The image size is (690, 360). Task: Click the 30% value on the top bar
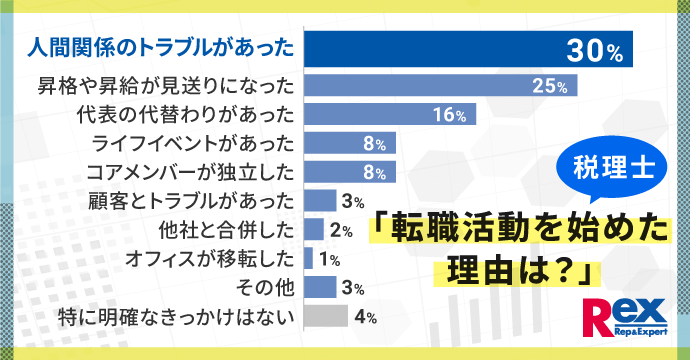click(x=595, y=48)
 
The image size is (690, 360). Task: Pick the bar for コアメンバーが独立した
click(x=350, y=172)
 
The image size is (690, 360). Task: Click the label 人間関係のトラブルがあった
click(x=159, y=48)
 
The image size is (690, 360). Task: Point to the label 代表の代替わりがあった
click(x=185, y=115)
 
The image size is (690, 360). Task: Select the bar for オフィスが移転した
click(x=308, y=259)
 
